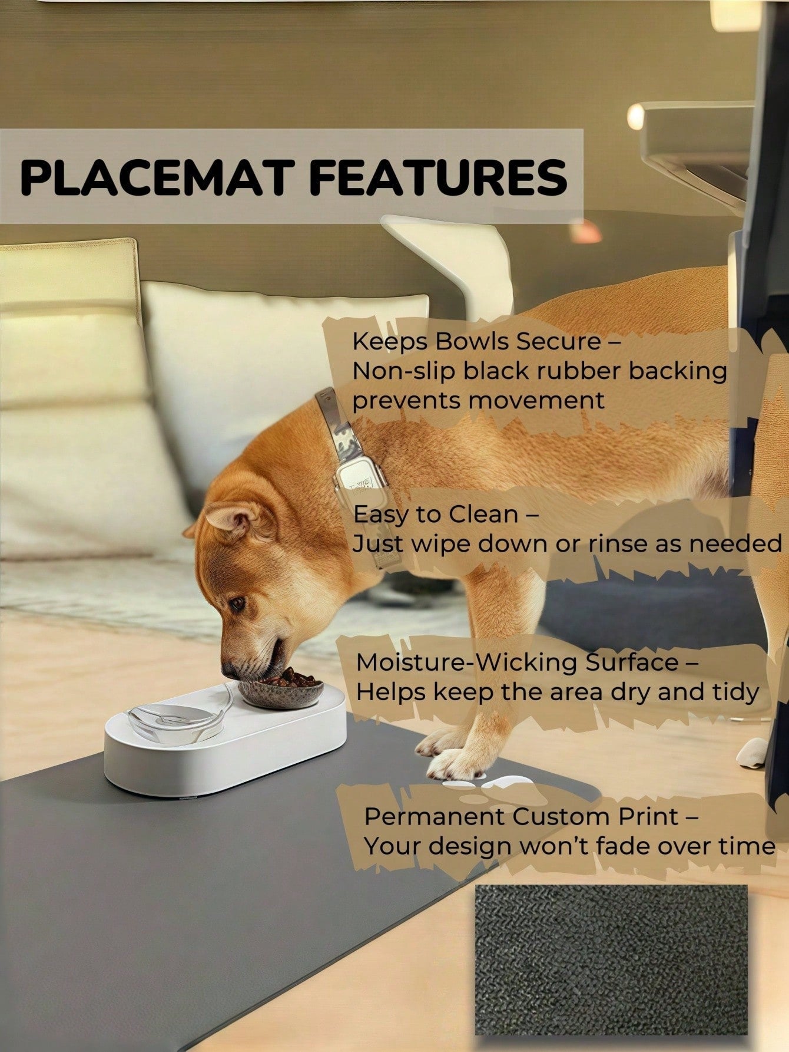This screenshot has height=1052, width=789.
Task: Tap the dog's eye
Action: pos(237,604)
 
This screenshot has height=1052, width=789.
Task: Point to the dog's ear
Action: pos(230,519)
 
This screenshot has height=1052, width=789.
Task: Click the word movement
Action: pos(537,401)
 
